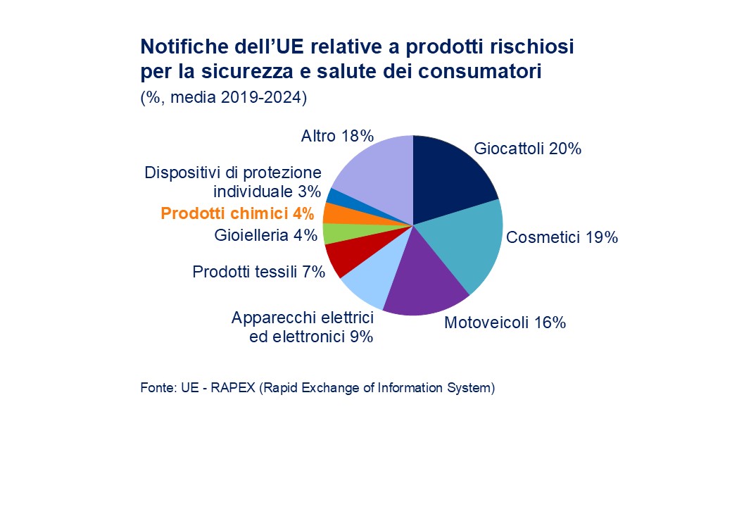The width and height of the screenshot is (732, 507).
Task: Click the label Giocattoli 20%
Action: coord(527,149)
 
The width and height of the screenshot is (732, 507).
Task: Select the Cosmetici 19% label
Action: coord(562,237)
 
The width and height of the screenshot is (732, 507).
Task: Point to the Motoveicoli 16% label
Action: coord(505,323)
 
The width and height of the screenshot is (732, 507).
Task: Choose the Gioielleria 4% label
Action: coord(265,235)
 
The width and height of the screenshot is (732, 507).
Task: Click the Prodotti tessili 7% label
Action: coord(258,271)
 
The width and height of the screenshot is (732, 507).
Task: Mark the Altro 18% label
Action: coord(337,136)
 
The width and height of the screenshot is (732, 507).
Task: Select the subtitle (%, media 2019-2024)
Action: coord(224,97)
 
